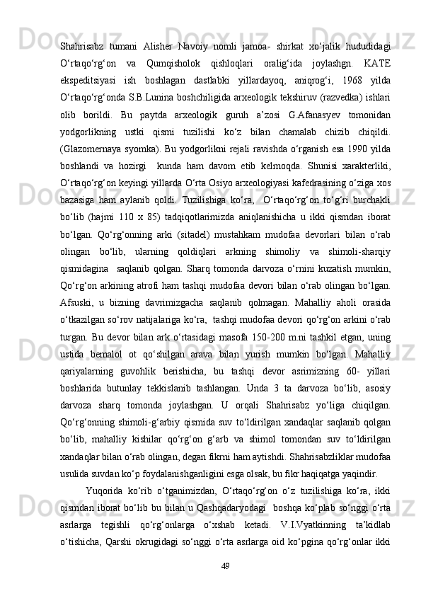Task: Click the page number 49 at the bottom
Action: pyautogui.click(x=226, y=564)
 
